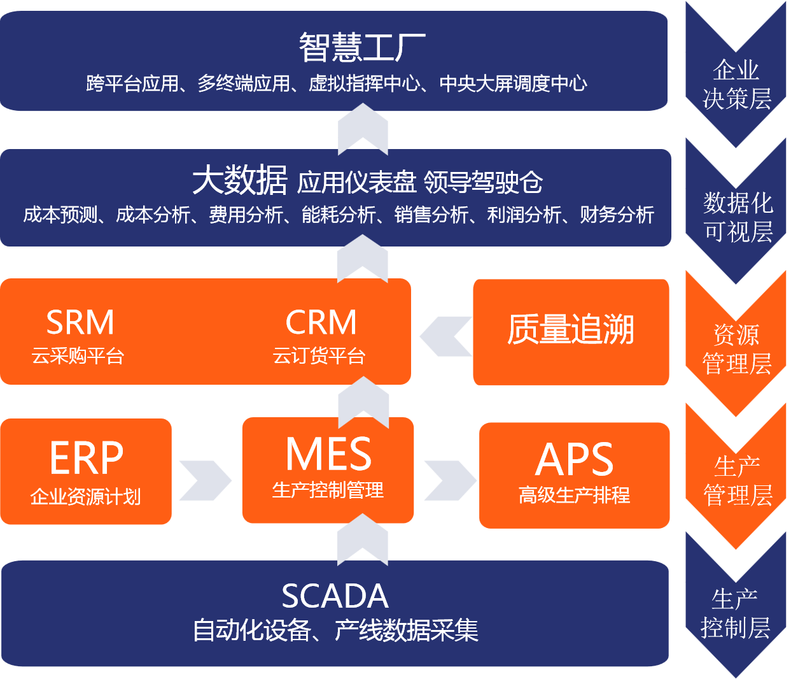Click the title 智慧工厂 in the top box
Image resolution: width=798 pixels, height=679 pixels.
coord(362,48)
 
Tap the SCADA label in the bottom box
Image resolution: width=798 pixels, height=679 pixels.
coord(335,596)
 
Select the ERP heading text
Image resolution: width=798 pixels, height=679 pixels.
coord(87,458)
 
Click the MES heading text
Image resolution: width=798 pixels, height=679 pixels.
coord(328,454)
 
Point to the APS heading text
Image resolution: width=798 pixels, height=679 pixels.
coord(574,459)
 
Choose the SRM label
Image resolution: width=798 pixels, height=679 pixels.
coord(80,322)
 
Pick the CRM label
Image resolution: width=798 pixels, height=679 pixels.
coord(321,322)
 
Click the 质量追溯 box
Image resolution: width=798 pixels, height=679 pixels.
coord(571,331)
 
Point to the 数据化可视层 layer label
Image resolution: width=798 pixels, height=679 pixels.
coord(738,217)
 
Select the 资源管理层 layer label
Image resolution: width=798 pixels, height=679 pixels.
coord(736,349)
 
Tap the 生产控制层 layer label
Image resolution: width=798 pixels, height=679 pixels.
coord(735,613)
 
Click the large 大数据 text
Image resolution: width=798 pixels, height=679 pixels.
coord(240,181)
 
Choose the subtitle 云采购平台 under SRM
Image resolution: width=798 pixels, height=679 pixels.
coord(78,355)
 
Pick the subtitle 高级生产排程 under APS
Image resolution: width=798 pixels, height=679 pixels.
coord(574,495)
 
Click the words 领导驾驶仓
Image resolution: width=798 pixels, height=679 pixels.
coord(483,182)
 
